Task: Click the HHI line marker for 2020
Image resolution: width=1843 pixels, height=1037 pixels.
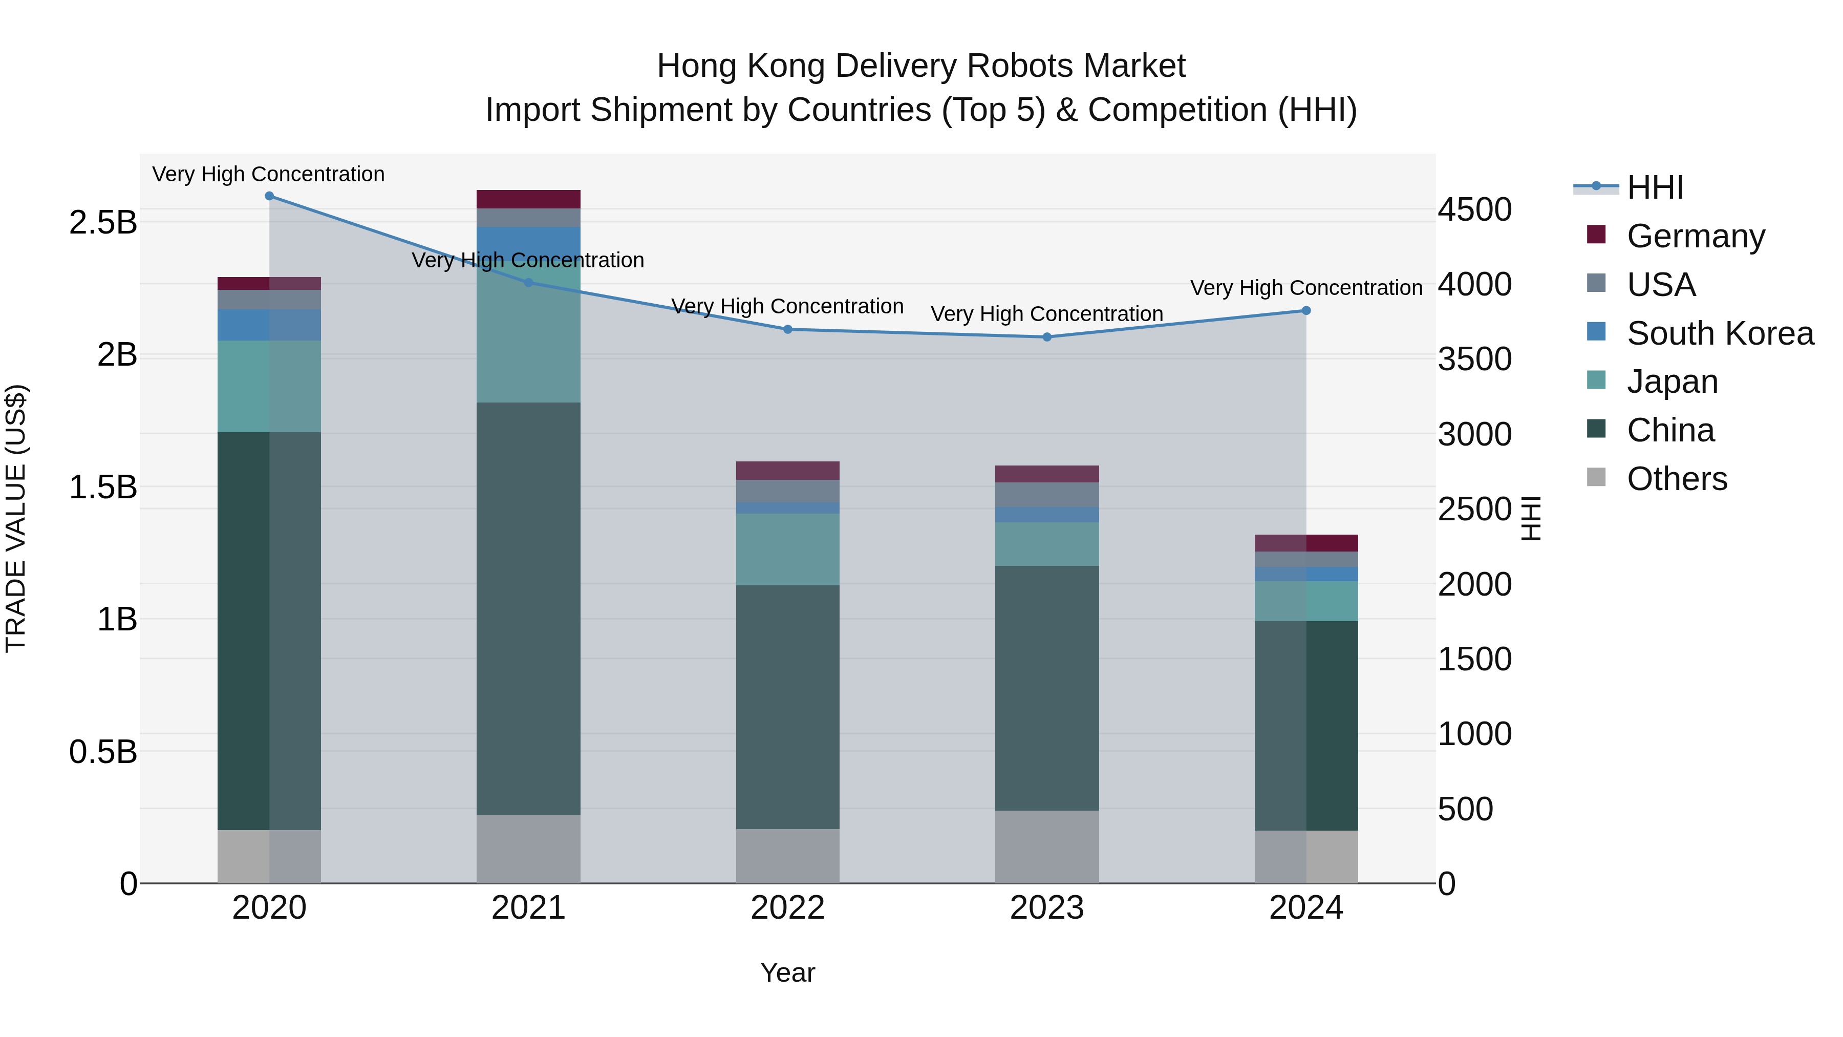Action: (269, 196)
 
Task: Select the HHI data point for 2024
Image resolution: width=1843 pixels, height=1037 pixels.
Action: (1305, 311)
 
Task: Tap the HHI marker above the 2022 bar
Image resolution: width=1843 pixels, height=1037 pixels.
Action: (788, 329)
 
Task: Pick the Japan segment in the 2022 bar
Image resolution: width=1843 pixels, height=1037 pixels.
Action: (788, 549)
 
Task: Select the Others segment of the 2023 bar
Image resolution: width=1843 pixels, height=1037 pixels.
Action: (1047, 846)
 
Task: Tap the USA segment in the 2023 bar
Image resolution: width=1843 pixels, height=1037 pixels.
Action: (1047, 495)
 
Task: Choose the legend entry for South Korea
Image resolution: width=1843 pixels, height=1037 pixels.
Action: (1720, 333)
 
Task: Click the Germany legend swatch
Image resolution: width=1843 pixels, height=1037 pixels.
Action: (1596, 235)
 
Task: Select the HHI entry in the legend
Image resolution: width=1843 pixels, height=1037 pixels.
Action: (1655, 187)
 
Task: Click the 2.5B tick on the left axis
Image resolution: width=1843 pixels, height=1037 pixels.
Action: (102, 223)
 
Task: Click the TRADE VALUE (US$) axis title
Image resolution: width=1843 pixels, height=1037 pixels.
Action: (16, 518)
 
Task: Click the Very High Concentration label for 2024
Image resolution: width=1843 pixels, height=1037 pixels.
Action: (1305, 288)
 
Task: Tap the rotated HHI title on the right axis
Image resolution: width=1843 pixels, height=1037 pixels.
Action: (1530, 518)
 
